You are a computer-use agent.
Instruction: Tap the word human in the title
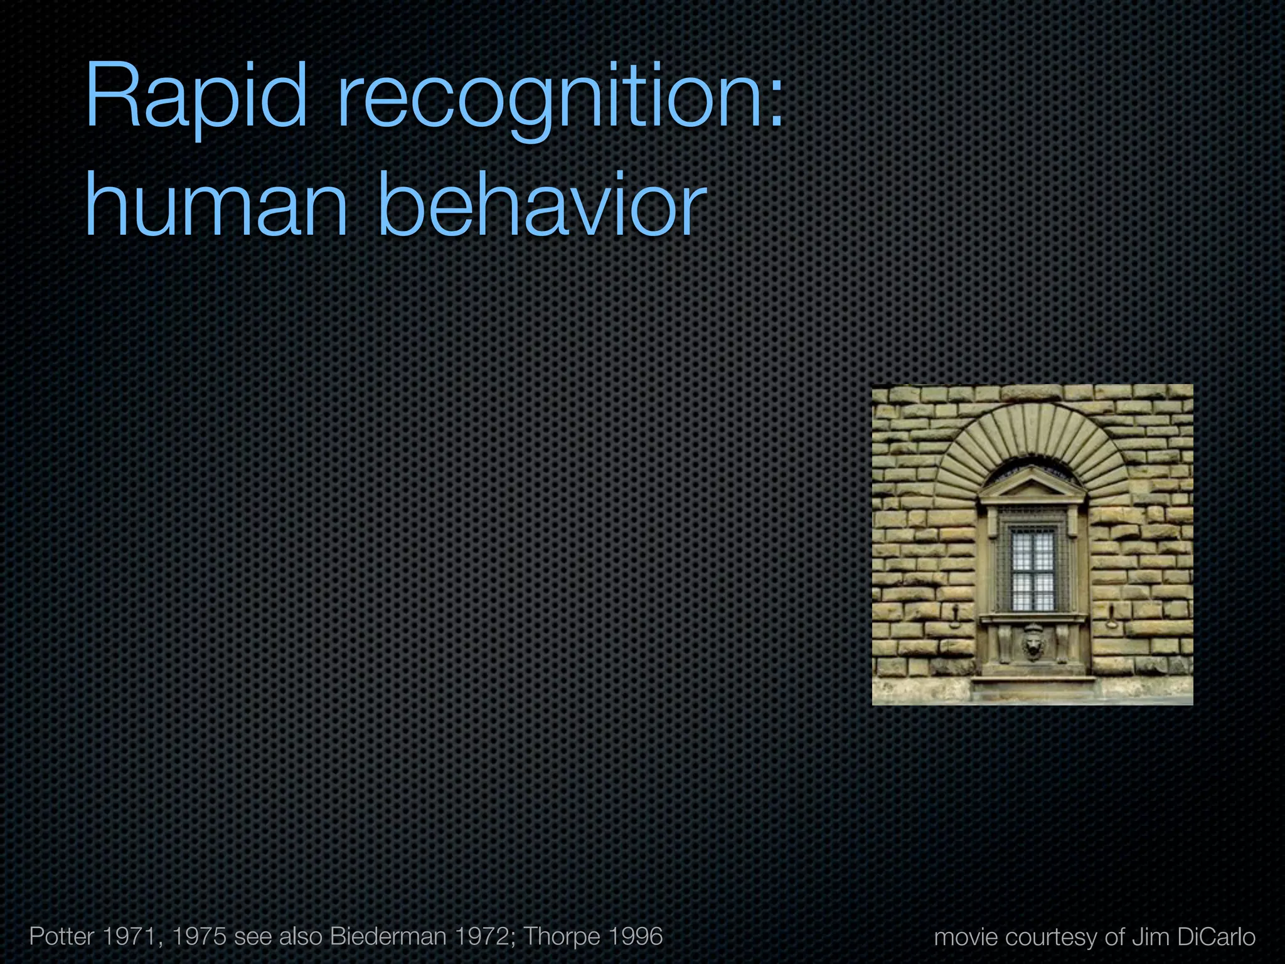click(x=216, y=204)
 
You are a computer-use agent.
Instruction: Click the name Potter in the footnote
click(x=61, y=936)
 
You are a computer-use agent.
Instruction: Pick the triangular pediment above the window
click(x=1032, y=483)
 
